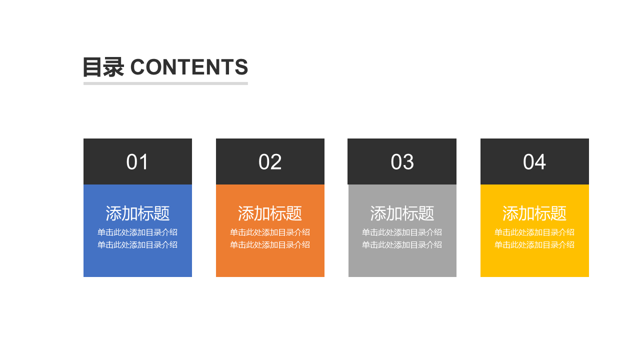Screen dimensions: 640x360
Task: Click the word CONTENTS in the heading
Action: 189,67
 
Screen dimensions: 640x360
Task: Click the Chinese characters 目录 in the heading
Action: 103,67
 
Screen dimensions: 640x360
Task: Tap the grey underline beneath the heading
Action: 165,83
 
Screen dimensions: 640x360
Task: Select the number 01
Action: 137,162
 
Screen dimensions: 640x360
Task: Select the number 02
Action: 270,162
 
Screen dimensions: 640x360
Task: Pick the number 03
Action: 402,162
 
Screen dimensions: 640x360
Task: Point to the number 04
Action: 534,162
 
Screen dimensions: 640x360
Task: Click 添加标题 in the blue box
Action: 137,213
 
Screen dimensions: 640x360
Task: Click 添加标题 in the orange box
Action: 270,213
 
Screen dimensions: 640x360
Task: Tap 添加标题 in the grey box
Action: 402,213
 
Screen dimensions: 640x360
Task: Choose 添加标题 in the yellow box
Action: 534,213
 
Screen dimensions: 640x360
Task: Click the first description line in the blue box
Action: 137,232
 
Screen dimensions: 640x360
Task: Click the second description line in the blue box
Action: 137,245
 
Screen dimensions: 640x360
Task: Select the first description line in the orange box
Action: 270,232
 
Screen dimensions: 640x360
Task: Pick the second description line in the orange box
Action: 270,245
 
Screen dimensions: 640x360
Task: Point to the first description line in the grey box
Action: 402,232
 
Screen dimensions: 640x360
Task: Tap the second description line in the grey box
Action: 402,245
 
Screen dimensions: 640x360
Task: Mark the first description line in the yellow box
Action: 534,232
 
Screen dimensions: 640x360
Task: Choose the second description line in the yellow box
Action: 534,245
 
